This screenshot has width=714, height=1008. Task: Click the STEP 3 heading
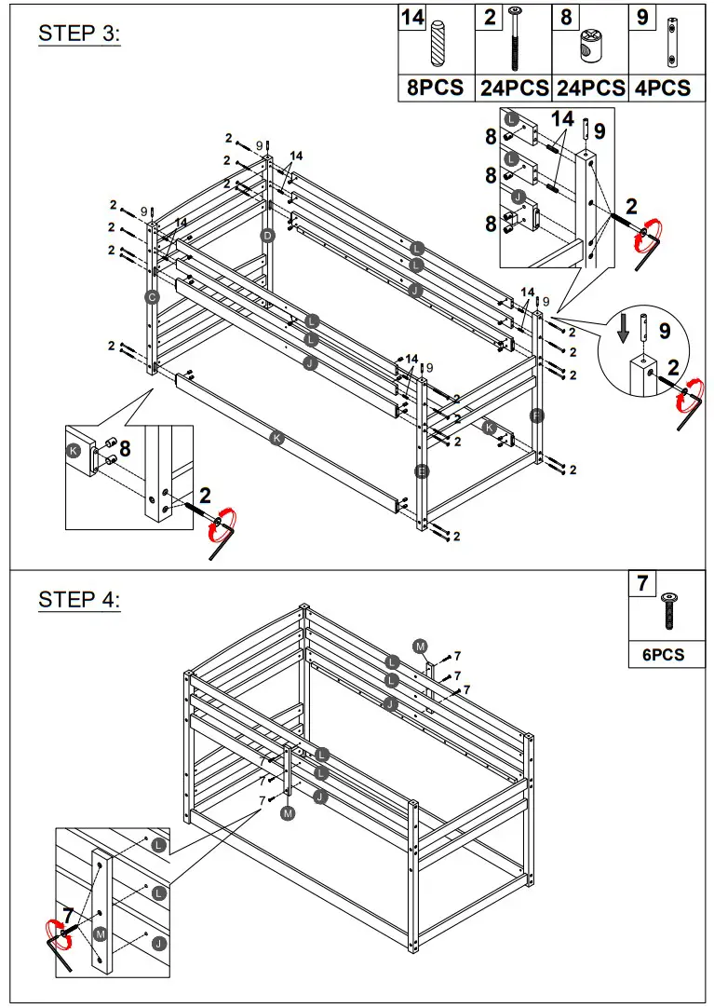79,34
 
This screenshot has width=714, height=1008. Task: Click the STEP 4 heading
79,600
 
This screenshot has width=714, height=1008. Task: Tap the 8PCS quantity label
436,89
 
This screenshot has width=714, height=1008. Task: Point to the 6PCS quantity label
663,655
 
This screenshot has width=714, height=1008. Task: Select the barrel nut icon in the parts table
590,45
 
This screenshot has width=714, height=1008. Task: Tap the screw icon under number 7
668,609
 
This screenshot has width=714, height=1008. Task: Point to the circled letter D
267,236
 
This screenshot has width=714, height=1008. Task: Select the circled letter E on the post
422,471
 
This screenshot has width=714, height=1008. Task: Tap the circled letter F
537,414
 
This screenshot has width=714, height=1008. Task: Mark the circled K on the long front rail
276,438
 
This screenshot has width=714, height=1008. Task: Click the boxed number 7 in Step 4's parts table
641,584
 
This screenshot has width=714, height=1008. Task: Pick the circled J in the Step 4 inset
159,944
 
